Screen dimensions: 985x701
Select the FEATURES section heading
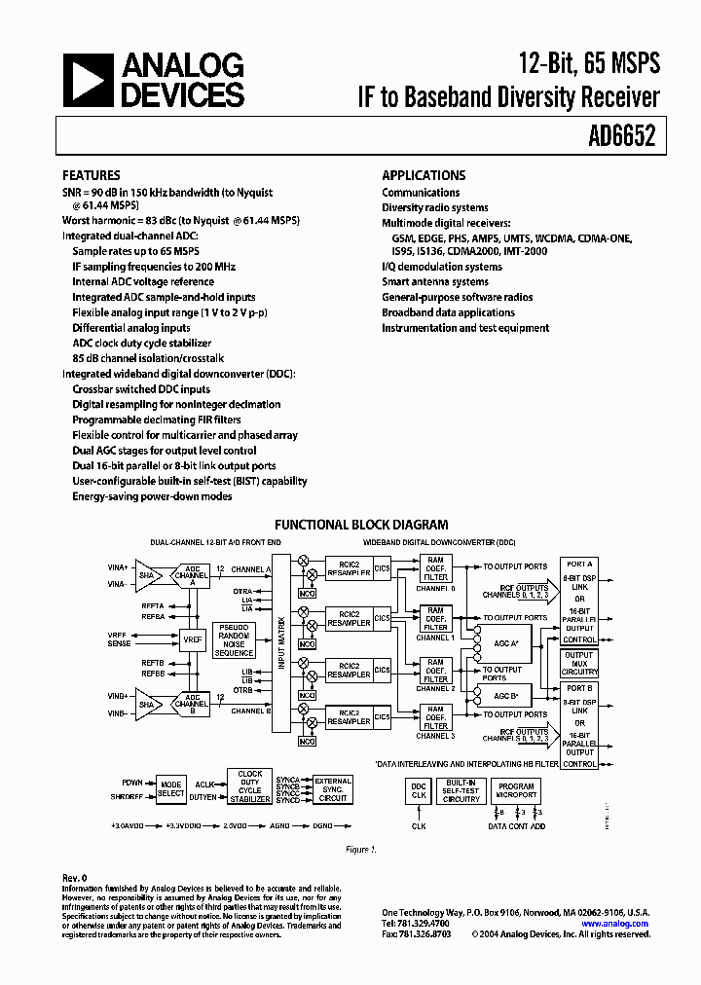pos(92,176)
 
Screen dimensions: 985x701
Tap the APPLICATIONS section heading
pos(424,176)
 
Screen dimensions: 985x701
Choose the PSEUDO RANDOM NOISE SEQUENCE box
pos(235,639)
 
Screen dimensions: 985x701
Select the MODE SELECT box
pos(170,788)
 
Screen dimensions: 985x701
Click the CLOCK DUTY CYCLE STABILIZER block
pos(249,786)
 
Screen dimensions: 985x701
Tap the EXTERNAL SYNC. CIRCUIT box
pos(332,788)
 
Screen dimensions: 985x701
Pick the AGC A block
pos(505,644)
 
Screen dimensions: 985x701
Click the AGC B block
pos(505,697)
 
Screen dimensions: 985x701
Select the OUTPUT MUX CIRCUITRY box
pos(579,664)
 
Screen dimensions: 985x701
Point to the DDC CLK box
pos(418,790)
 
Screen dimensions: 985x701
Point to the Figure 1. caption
pos(360,850)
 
